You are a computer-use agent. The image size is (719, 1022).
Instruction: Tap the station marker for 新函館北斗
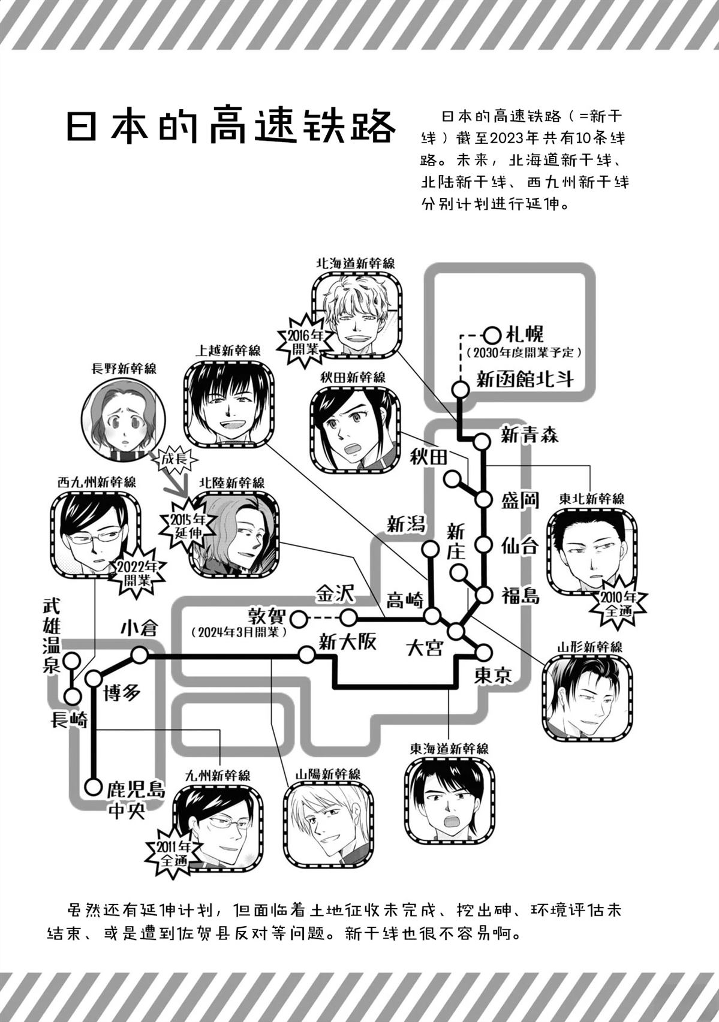pyautogui.click(x=460, y=390)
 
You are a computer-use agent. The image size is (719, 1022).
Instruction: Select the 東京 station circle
pyautogui.click(x=483, y=652)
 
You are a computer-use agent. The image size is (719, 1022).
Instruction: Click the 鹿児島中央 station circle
pyautogui.click(x=93, y=786)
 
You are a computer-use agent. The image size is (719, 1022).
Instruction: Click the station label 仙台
pyautogui.click(x=520, y=547)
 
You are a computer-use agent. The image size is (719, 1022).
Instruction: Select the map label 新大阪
pyautogui.click(x=347, y=643)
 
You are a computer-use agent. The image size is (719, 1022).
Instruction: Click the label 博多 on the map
pyautogui.click(x=122, y=692)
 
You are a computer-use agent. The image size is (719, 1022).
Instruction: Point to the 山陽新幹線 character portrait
pyautogui.click(x=327, y=824)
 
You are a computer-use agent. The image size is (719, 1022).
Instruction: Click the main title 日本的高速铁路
pyautogui.click(x=231, y=127)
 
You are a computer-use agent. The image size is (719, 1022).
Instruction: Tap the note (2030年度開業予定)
pyautogui.click(x=523, y=352)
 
